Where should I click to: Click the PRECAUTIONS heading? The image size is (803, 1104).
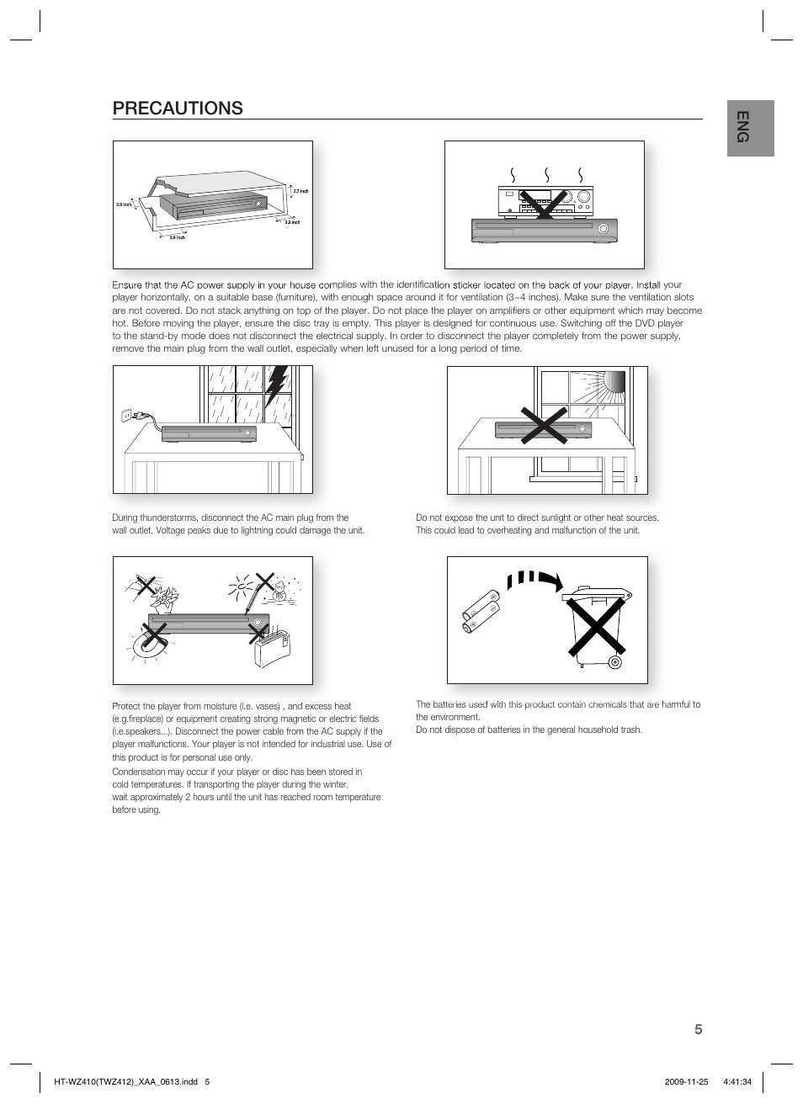tap(178, 108)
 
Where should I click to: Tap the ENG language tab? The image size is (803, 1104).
tap(751, 128)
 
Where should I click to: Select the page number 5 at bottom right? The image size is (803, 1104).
tap(698, 1029)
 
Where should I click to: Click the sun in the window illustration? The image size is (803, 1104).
tap(613, 384)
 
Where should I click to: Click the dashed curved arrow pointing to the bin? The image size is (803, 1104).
tap(536, 580)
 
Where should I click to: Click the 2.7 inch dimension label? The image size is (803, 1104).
tap(300, 192)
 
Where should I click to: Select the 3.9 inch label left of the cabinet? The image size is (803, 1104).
tap(124, 204)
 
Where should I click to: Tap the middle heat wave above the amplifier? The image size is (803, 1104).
tap(547, 174)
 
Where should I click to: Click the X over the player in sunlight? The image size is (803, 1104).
tap(544, 425)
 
